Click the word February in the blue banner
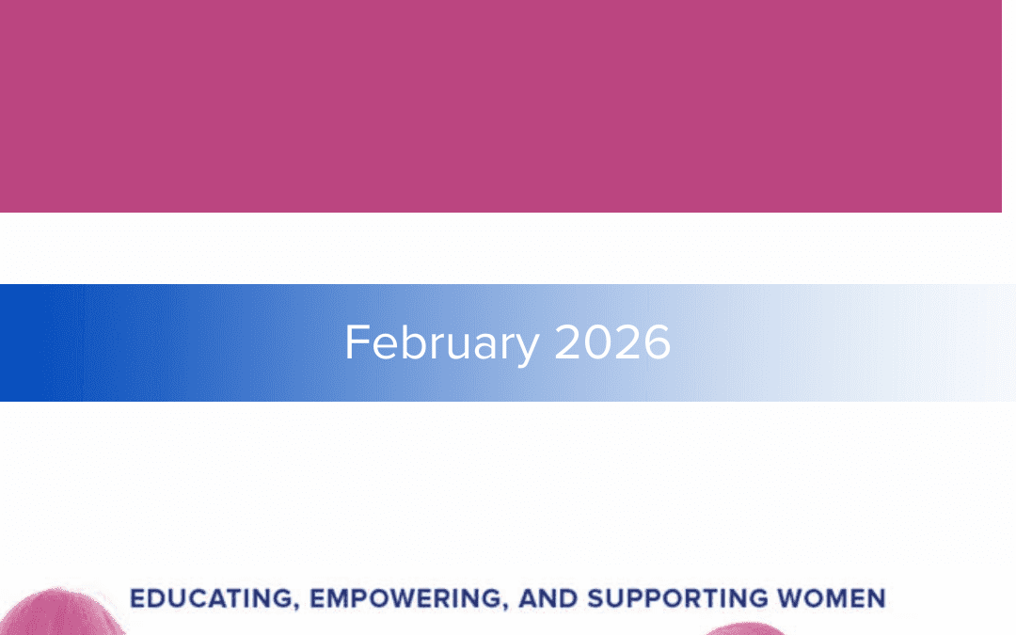tap(441, 342)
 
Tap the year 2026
tap(612, 342)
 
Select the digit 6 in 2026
tap(657, 342)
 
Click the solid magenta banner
tap(500, 105)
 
